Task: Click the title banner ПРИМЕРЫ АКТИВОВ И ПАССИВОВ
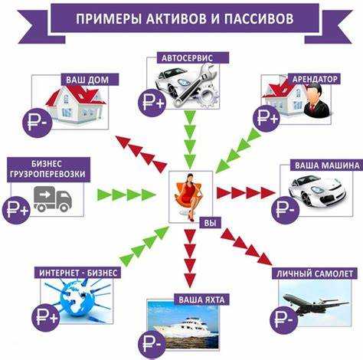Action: [181, 19]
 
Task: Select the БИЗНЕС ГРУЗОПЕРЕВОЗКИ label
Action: [48, 169]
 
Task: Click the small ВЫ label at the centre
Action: [208, 223]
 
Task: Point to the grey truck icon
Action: [52, 200]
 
